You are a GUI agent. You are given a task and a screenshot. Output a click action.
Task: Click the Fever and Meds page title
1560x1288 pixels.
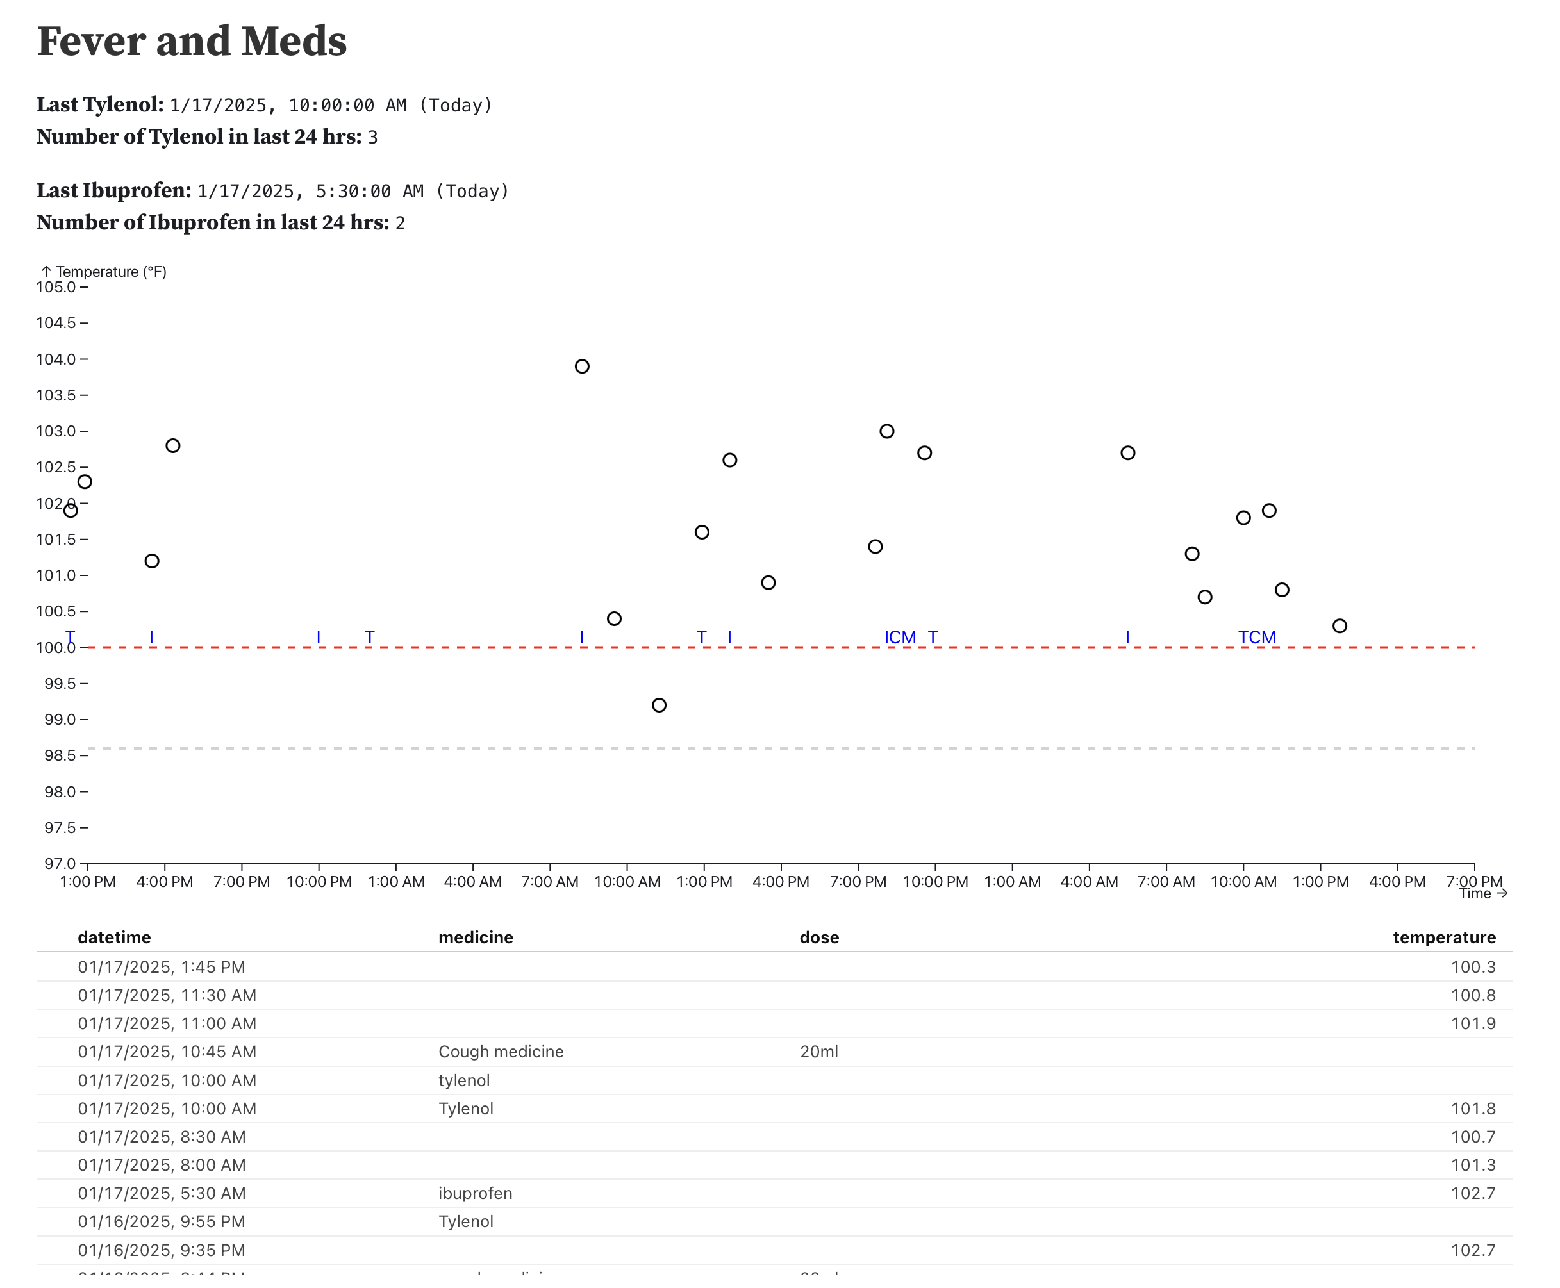pos(192,42)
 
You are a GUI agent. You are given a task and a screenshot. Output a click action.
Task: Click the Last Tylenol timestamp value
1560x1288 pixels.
pos(330,105)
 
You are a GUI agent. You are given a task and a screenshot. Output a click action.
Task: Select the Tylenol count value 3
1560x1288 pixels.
pos(372,137)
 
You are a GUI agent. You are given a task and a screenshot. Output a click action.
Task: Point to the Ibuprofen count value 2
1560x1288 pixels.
pos(400,224)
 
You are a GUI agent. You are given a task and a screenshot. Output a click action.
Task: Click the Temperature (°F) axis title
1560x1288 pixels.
pos(110,272)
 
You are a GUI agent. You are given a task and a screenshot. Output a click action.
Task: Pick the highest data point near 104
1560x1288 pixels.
pos(582,367)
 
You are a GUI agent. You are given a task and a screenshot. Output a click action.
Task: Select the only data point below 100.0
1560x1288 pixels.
pos(659,705)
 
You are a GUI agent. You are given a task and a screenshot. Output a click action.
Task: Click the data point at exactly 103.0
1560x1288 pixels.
pos(887,431)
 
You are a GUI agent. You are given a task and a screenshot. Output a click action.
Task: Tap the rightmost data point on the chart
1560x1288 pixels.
pos(1340,625)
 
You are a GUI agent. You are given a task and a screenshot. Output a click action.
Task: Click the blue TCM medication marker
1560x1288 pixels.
pos(1256,638)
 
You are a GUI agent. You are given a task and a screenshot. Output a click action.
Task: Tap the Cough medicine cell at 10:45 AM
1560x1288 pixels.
pos(501,1052)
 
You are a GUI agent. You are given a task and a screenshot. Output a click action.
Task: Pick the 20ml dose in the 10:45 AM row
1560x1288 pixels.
pos(818,1052)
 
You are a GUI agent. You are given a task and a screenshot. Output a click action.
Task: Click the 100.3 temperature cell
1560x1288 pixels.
pos(1472,967)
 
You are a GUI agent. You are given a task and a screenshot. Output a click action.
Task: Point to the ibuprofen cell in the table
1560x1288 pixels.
pos(475,1193)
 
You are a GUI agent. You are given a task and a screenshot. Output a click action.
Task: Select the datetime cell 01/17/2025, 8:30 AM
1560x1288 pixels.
pos(162,1137)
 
